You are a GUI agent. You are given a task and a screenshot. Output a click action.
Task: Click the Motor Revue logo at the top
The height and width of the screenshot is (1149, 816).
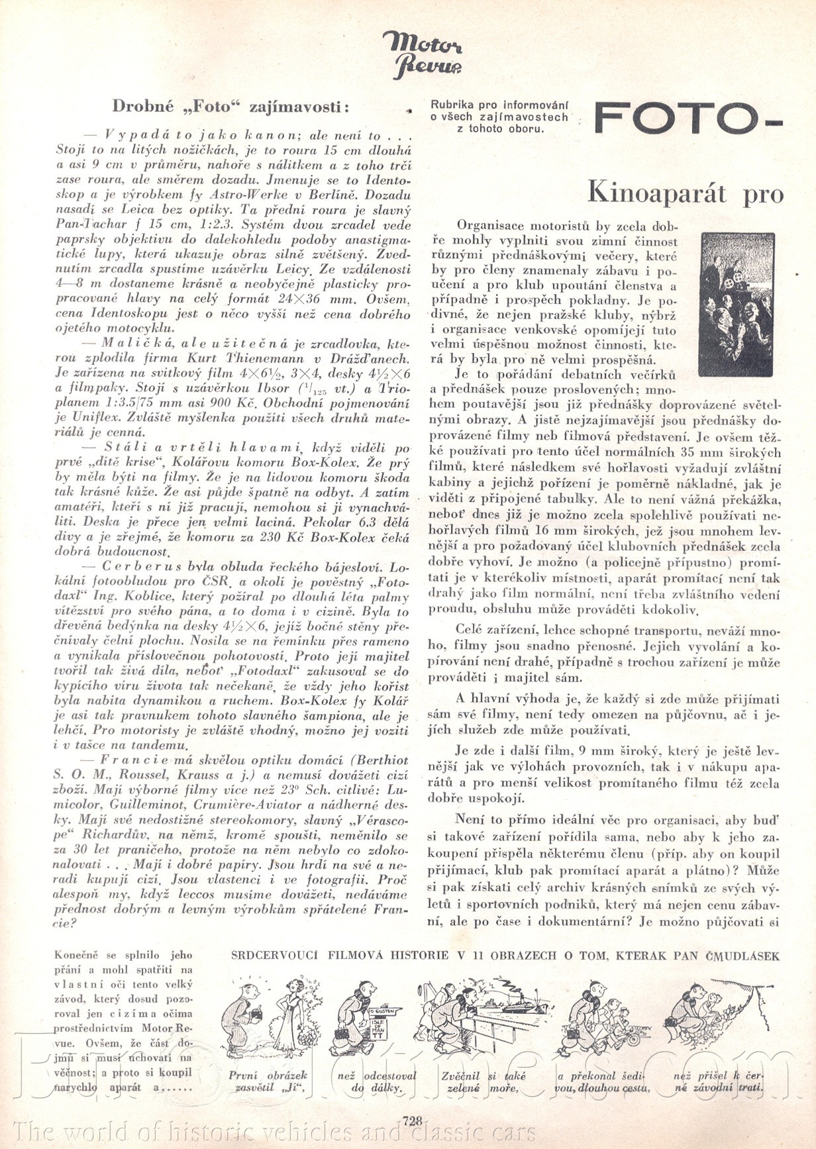pos(422,55)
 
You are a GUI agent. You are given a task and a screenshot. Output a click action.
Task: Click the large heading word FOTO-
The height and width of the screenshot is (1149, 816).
pos(688,119)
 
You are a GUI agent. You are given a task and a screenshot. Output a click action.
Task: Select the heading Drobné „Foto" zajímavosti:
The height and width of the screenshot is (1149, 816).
pos(230,106)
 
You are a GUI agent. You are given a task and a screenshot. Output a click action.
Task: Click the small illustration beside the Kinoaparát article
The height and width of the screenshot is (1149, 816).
pos(736,304)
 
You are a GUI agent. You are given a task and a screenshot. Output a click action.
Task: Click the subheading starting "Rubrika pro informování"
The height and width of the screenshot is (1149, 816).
pos(500,116)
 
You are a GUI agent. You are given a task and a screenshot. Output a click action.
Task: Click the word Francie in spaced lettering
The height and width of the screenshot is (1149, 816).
pos(133,761)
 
